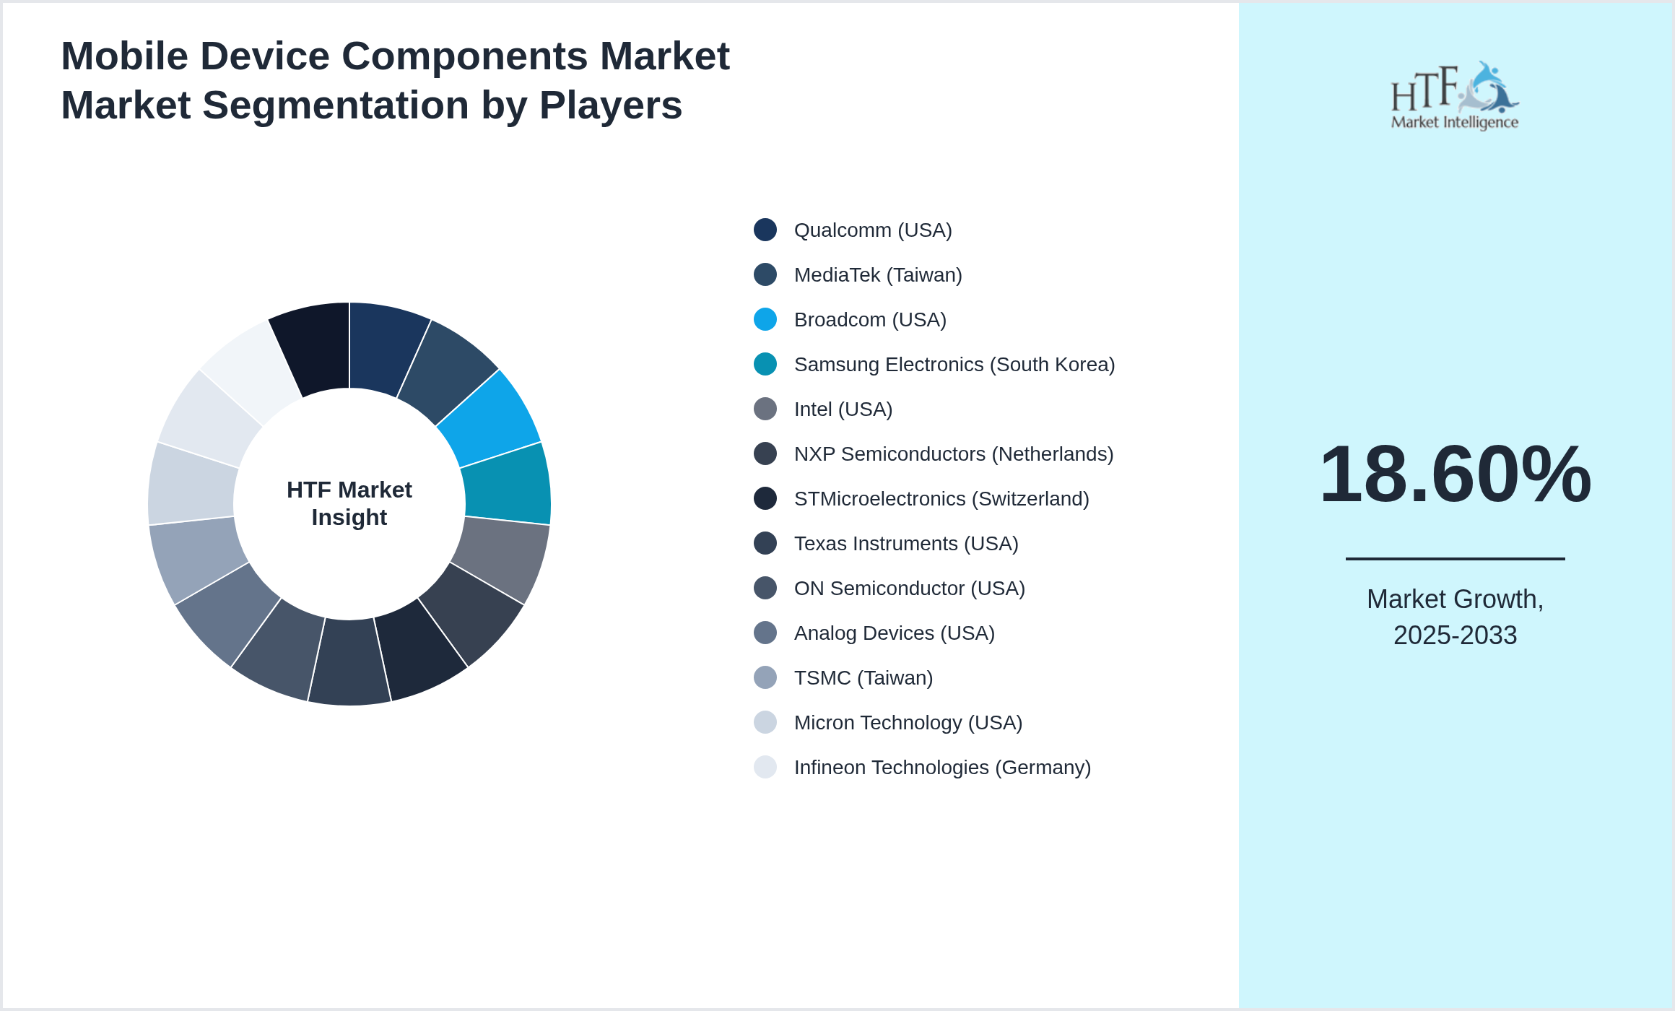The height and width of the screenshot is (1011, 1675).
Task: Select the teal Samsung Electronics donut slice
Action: click(x=506, y=484)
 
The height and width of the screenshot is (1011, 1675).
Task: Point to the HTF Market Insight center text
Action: click(x=349, y=503)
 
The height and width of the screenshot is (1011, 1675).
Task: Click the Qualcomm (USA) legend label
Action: click(x=872, y=230)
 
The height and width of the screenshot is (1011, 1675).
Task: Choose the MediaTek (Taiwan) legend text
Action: click(x=877, y=275)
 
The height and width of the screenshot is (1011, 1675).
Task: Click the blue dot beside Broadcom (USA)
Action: click(x=765, y=319)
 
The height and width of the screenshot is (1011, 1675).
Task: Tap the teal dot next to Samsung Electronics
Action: click(x=765, y=364)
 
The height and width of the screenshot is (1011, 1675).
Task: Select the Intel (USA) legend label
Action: click(x=843, y=409)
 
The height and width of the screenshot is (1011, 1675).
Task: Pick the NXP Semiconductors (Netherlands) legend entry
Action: click(x=953, y=454)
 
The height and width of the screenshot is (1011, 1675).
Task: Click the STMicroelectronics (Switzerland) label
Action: click(x=941, y=499)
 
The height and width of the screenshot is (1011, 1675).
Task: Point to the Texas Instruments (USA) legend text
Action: click(x=905, y=544)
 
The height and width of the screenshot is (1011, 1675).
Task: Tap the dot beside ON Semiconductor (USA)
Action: click(x=765, y=588)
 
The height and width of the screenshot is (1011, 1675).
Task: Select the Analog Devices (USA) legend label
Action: click(x=894, y=633)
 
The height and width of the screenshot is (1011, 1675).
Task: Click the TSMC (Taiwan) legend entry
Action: click(x=863, y=678)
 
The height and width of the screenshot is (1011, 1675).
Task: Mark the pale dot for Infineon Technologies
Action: click(x=765, y=767)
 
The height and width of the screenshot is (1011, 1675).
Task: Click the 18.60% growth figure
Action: click(x=1455, y=474)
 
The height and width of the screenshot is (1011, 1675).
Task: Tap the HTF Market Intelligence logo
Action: click(x=1455, y=96)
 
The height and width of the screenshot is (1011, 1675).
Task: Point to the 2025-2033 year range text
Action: click(x=1455, y=635)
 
